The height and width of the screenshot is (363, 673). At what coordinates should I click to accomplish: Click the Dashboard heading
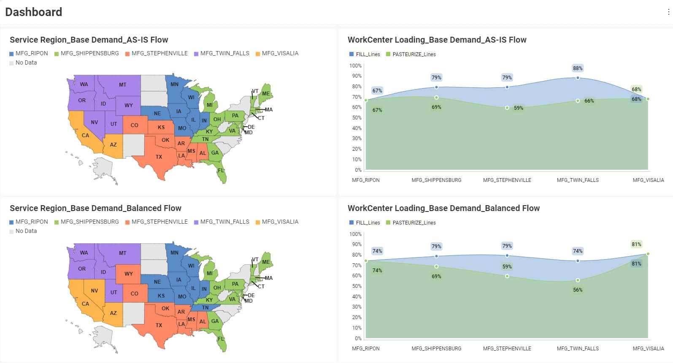[34, 12]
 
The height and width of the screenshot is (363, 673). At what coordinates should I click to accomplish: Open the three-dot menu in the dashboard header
[668, 12]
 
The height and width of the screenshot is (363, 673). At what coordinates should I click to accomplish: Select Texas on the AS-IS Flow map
[159, 157]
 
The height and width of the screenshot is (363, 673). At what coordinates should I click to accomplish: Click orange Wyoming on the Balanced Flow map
[128, 274]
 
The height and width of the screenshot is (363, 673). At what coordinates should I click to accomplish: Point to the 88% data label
[578, 68]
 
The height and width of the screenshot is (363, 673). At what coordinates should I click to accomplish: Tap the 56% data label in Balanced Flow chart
[578, 290]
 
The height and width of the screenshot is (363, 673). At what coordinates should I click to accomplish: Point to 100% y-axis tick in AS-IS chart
[355, 66]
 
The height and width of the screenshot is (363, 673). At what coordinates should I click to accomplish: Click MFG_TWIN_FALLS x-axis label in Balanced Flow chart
[578, 349]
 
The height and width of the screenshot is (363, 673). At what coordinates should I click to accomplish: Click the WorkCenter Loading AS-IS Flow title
[437, 40]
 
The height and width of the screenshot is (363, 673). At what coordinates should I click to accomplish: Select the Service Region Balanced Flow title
[95, 209]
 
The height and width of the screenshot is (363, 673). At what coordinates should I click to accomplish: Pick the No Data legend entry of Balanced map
[26, 231]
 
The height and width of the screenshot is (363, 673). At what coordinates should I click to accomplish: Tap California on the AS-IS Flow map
[85, 135]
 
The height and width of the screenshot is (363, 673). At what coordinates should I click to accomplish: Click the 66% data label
[589, 101]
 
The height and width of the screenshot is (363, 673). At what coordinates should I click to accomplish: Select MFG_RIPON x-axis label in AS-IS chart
[366, 180]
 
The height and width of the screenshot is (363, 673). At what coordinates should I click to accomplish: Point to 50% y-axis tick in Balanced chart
[357, 286]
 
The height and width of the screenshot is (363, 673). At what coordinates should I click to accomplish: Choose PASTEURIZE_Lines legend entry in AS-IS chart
[414, 54]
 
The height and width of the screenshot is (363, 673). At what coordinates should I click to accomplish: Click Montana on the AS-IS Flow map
[122, 85]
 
